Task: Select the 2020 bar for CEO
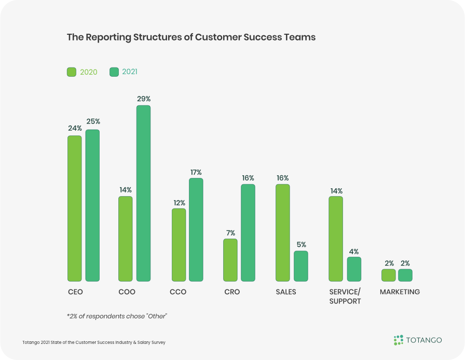tap(74, 209)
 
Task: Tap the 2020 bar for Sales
tap(282, 233)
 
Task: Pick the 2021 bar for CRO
tap(248, 233)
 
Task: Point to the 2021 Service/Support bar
tap(354, 269)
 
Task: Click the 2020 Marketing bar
tap(388, 275)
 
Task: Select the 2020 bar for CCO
tap(179, 245)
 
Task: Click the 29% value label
tap(144, 99)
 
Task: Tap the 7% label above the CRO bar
tap(230, 232)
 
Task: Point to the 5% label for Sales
tap(301, 244)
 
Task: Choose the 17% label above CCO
tap(196, 172)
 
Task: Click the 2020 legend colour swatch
tap(72, 72)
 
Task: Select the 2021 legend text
tap(130, 72)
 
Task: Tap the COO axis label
tap(127, 292)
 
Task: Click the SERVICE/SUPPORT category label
tap(345, 296)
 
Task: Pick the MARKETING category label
tap(400, 292)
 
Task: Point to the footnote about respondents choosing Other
tap(117, 316)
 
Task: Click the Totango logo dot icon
tap(398, 340)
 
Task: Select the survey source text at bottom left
tap(94, 342)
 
